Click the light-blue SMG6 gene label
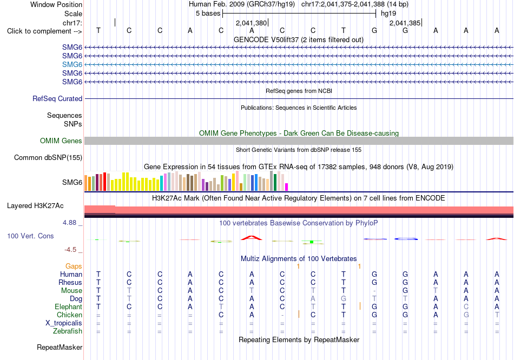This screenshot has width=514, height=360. pyautogui.click(x=72, y=64)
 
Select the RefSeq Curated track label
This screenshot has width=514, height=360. pyautogui.click(x=57, y=98)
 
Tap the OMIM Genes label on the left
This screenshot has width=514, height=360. pyautogui.click(x=61, y=141)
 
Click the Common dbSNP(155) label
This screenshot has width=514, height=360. pyautogui.click(x=48, y=157)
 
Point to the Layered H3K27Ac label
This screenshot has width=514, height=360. pyautogui.click(x=35, y=206)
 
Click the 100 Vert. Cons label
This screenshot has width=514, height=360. pyautogui.click(x=30, y=236)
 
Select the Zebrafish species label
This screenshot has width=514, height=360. pyautogui.click(x=68, y=331)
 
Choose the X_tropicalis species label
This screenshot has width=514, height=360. pyautogui.click(x=64, y=323)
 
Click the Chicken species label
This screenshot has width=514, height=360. pyautogui.click(x=69, y=315)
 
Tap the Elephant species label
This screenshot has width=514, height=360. pyautogui.click(x=69, y=306)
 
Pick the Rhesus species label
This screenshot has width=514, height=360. pyautogui.click(x=70, y=282)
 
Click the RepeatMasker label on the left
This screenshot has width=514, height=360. pyautogui.click(x=60, y=347)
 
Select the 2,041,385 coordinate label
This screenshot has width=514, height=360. pyautogui.click(x=405, y=23)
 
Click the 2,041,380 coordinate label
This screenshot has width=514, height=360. pyautogui.click(x=252, y=23)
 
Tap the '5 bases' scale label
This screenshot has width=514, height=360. pyautogui.click(x=208, y=14)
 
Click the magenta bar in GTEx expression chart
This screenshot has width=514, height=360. pyautogui.click(x=287, y=187)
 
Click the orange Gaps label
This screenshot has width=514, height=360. pyautogui.click(x=74, y=266)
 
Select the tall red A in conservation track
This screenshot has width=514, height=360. pyautogui.click(x=252, y=238)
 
